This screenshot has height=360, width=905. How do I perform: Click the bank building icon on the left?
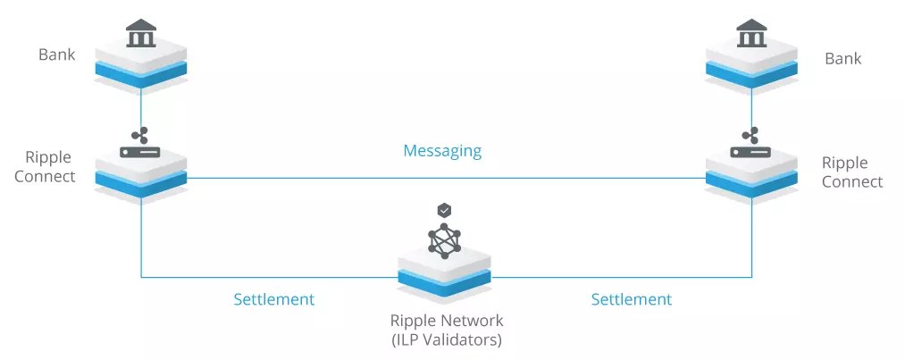tap(141, 33)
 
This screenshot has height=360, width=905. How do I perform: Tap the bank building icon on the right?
tap(752, 33)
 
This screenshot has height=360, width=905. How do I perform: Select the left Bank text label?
tap(56, 54)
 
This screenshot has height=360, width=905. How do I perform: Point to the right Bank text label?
tap(842, 58)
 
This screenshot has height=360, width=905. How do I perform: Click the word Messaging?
tap(442, 151)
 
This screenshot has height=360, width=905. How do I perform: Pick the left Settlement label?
tap(273, 299)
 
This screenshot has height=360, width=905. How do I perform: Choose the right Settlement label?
tap(632, 299)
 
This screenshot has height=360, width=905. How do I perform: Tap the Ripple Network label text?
tap(447, 320)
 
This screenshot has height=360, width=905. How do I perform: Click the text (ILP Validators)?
tap(447, 339)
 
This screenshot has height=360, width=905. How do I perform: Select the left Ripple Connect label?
tap(45, 167)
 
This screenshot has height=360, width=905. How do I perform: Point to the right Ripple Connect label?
tap(852, 172)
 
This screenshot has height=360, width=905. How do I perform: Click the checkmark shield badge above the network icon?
tap(444, 210)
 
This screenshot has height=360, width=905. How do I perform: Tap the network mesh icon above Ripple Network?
tap(444, 240)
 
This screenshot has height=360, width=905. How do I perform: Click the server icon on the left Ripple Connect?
tap(140, 152)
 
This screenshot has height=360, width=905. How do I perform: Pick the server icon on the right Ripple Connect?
tap(751, 152)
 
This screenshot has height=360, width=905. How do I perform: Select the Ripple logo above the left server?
tap(139, 136)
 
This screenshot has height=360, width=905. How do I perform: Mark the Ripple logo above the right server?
tap(750, 136)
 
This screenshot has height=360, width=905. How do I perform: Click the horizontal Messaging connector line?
tap(446, 179)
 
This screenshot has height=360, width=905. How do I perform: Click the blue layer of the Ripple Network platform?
tap(444, 281)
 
